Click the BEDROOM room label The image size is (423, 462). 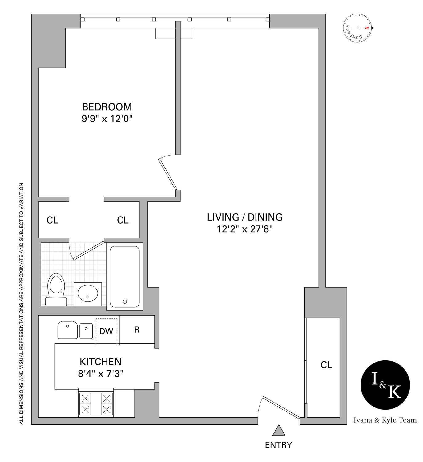[107, 107]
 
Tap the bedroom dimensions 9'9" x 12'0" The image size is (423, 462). [107, 119]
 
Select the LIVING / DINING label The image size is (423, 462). [244, 217]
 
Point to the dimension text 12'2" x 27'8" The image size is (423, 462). [244, 229]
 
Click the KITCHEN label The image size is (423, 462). [100, 362]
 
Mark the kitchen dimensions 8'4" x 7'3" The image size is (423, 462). [100, 374]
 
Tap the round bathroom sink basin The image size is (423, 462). [88, 293]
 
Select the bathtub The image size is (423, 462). [125, 277]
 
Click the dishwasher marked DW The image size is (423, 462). [107, 331]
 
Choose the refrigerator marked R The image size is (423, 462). [137, 330]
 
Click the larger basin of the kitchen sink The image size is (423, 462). [68, 330]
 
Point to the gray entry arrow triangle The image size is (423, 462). [279, 431]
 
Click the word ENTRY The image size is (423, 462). [278, 445]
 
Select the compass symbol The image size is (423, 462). [357, 28]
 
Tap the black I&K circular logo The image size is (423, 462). [385, 385]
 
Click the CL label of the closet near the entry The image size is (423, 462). [326, 365]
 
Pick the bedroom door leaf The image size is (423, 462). [168, 174]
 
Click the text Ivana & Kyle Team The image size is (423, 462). [385, 420]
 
